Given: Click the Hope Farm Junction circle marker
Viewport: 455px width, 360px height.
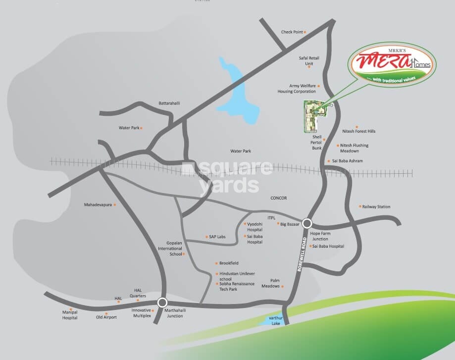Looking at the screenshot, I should click(x=307, y=223).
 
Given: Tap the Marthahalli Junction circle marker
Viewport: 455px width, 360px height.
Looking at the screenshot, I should click(x=162, y=302).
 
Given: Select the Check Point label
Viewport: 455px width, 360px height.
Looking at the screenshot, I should click(x=292, y=32).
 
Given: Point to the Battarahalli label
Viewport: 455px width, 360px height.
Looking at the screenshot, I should click(x=169, y=103).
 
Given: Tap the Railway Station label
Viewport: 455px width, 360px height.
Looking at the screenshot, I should click(x=376, y=206).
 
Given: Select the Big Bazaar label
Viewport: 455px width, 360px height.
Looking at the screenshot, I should click(x=290, y=224).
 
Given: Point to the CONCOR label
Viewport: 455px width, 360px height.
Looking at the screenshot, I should click(x=279, y=198).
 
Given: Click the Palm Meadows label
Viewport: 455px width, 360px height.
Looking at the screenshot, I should click(x=271, y=283).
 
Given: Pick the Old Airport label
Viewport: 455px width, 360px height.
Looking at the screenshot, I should click(x=106, y=317).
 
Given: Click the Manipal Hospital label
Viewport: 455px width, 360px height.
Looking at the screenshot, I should click(x=70, y=315).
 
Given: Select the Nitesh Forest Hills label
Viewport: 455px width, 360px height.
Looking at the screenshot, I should click(x=359, y=131).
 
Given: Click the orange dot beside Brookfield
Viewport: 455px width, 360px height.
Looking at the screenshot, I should click(x=215, y=263).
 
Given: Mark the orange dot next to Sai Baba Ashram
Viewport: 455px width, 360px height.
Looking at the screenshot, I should click(x=328, y=161).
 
